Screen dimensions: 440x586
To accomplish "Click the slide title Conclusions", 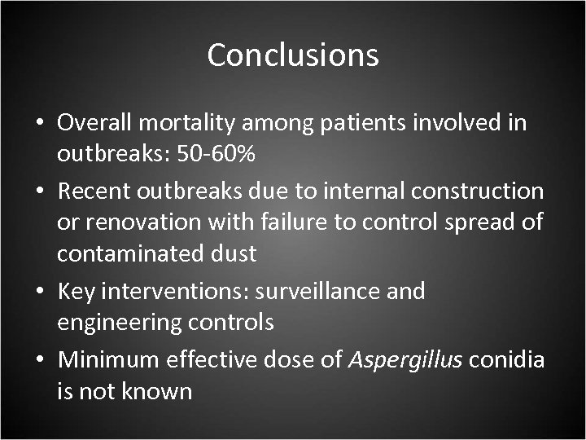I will (x=293, y=55).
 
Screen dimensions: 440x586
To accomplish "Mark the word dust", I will (x=235, y=253).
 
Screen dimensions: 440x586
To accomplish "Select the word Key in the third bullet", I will (x=76, y=291).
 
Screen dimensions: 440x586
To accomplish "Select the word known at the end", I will (x=156, y=390).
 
